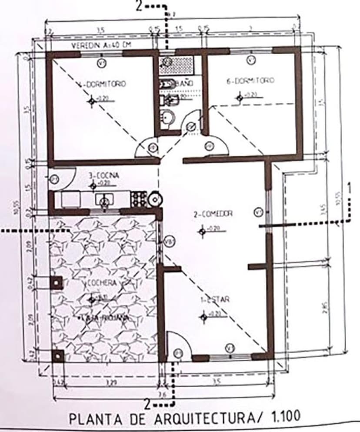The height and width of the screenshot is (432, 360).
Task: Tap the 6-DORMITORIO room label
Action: pos(250,81)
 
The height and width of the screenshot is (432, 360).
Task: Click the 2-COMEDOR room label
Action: pos(213,213)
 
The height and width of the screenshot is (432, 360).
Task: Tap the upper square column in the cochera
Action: pos(56,282)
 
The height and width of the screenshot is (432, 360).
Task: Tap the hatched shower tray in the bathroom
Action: pos(176,63)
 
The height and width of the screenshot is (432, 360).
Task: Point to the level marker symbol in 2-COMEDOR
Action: pos(202,231)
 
